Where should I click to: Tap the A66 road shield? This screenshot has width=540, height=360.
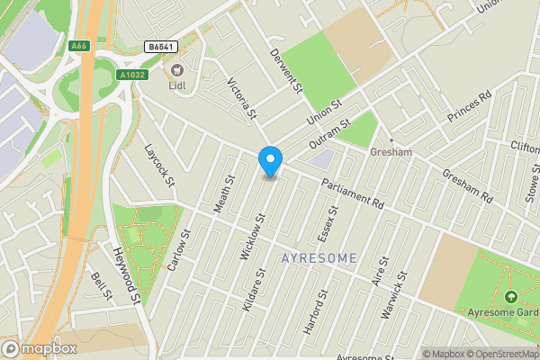coord(79,44)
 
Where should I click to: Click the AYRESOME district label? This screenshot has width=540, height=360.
coord(319,257)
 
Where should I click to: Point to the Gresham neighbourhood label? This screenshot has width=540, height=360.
coord(391,152)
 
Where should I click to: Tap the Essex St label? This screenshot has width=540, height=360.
coord(328,223)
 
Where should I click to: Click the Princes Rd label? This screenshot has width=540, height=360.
coord(470,106)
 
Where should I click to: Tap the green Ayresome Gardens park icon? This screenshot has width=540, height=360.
coord(511,297)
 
